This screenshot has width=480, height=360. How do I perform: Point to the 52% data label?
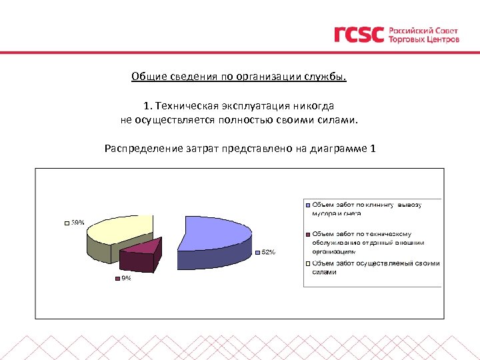coord(267,252)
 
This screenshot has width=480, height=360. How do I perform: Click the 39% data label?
coord(77,223)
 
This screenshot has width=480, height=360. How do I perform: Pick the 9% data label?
coord(125,279)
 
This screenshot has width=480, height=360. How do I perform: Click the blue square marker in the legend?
coord(308,205)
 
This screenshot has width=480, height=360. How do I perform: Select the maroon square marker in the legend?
coord(308,234)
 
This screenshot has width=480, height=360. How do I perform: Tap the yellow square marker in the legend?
coord(308,263)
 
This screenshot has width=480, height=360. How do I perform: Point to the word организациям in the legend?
coord(334,252)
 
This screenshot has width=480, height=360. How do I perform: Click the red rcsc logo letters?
coord(359,35)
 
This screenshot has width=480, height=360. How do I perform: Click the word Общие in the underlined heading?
coord(147,76)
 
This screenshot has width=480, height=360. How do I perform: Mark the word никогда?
coord(317,106)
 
